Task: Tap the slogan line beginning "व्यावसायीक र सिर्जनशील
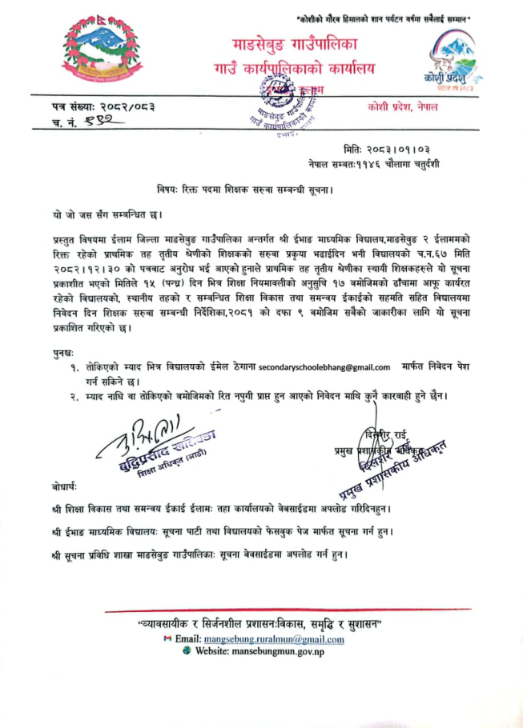point(261,623)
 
